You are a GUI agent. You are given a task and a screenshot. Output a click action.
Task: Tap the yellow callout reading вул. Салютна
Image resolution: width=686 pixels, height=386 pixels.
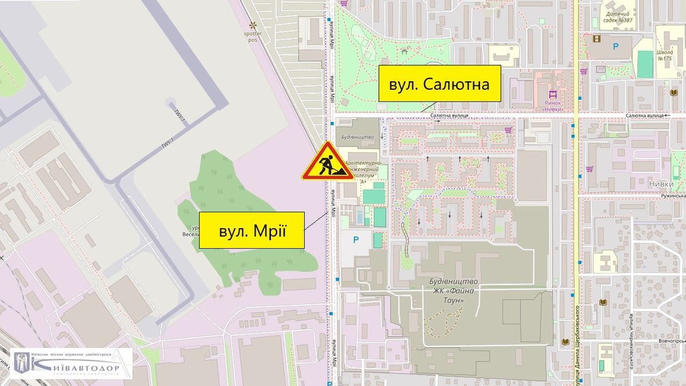pos(439,84)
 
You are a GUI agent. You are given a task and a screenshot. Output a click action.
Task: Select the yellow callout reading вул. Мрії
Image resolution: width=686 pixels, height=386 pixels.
pos(252,230)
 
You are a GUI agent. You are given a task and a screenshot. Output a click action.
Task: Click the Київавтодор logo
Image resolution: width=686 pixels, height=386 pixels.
pos(72,363)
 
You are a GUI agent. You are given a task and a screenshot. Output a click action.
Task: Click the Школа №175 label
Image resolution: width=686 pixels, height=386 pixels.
pos(664,54)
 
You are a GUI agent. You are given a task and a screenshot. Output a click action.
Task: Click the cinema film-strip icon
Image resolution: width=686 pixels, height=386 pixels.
pos(597,39)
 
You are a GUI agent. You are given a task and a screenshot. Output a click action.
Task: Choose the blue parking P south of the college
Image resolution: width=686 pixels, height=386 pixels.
pos(355,240)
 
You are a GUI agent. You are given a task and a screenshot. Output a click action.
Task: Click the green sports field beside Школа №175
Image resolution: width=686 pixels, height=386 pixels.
pos(645,64)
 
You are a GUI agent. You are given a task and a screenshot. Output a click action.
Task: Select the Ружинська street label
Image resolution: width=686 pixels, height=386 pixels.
pos(672,196)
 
